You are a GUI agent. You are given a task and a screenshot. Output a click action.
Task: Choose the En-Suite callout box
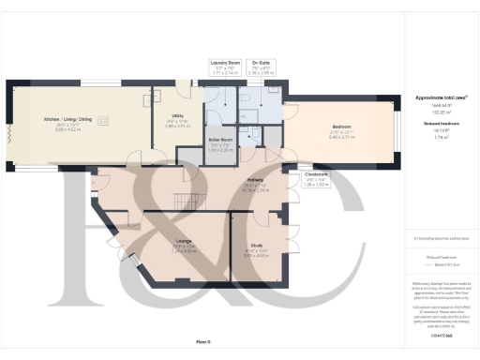coord(262,68)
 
